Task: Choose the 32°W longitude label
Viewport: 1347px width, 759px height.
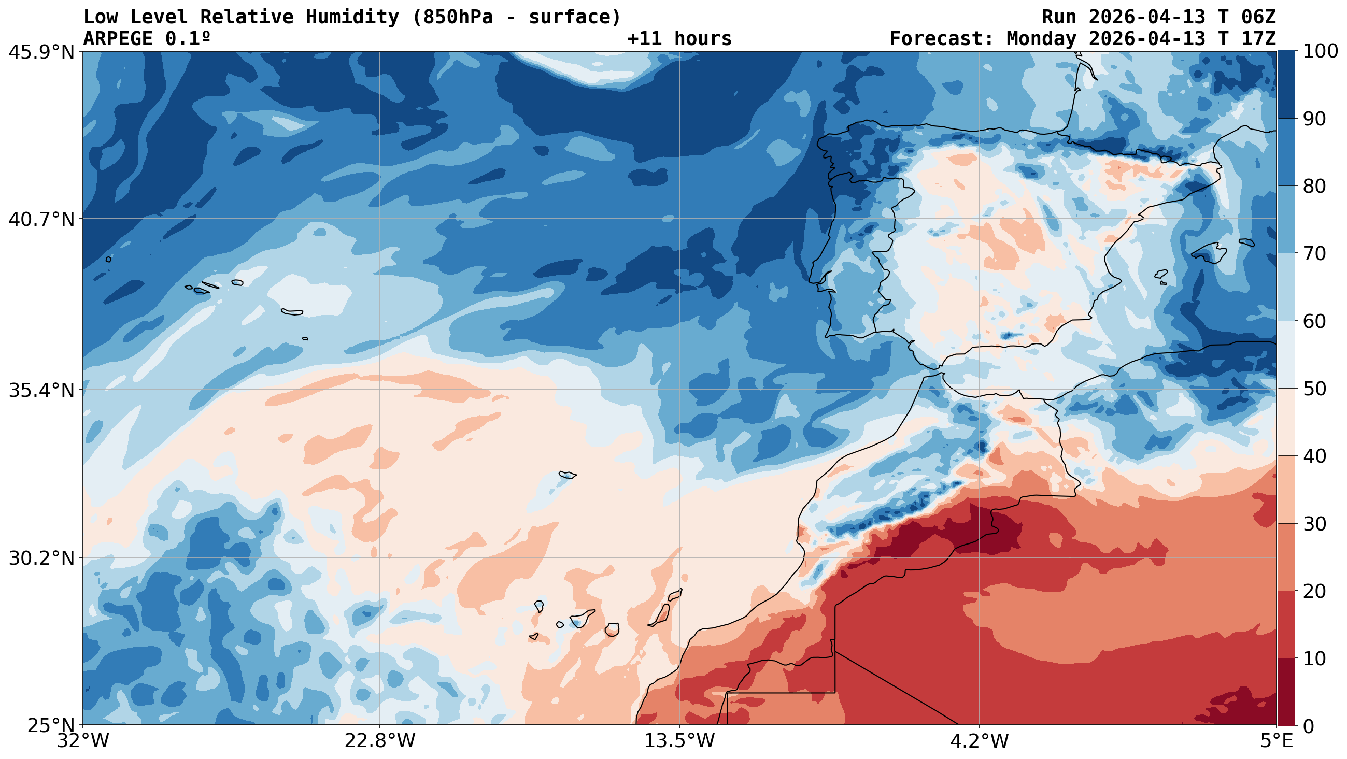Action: (83, 742)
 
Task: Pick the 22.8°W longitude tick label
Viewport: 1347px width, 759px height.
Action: (379, 742)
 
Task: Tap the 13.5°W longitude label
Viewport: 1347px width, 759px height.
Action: (679, 742)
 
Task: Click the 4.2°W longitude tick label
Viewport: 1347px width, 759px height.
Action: (979, 742)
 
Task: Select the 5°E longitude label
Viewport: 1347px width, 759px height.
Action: (1277, 742)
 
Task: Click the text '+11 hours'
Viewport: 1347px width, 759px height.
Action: (679, 39)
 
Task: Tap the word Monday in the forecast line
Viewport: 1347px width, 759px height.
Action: (1041, 39)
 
